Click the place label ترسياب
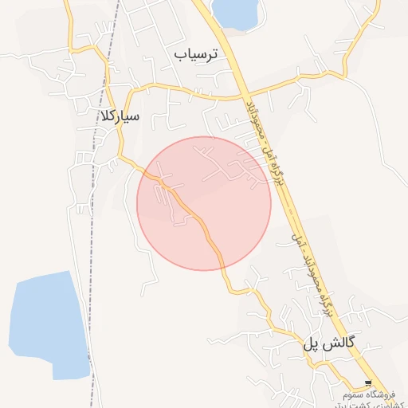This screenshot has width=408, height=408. click(x=200, y=54)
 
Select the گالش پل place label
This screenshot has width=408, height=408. click(x=328, y=343)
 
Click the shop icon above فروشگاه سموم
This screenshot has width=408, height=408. click(x=367, y=382)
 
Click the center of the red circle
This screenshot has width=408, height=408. click(x=204, y=203)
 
